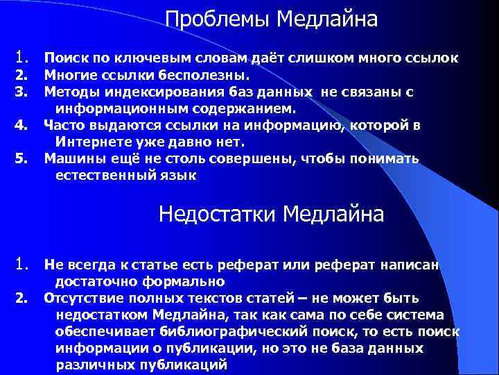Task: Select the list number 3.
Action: tap(21, 91)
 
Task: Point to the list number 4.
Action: tap(21, 126)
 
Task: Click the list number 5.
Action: tap(21, 159)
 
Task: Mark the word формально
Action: tap(188, 281)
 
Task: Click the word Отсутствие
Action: tap(80, 299)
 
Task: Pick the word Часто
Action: tap(63, 126)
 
